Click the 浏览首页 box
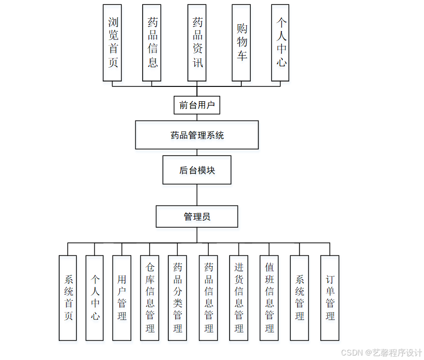(x=112, y=43)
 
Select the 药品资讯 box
(x=197, y=43)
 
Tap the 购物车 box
(x=241, y=43)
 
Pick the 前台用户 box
(x=197, y=105)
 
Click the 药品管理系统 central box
(x=197, y=135)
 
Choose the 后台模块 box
(x=197, y=170)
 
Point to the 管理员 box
(x=197, y=217)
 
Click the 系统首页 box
(x=68, y=298)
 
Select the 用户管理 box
(x=122, y=298)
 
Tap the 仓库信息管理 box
(x=150, y=298)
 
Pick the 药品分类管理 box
(x=177, y=298)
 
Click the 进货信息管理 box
(x=239, y=298)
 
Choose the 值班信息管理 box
(x=269, y=298)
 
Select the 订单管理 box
(x=330, y=298)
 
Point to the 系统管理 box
(x=299, y=298)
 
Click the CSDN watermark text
(x=381, y=353)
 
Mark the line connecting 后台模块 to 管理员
(x=197, y=195)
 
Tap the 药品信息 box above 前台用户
(x=152, y=43)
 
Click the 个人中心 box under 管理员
(x=95, y=298)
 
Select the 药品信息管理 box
(x=208, y=298)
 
